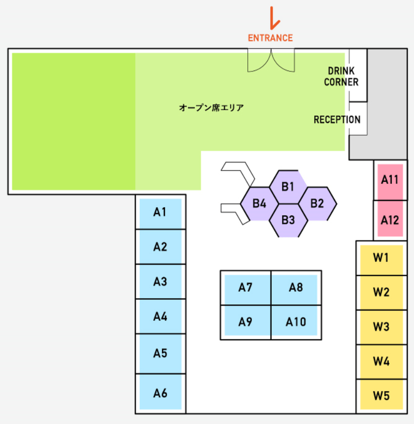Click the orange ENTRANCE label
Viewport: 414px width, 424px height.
[270, 38]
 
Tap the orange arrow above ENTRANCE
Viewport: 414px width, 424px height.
[274, 18]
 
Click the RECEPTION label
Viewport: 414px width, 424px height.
[337, 120]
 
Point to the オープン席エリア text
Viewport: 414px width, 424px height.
[211, 108]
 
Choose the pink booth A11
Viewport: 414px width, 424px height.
[390, 180]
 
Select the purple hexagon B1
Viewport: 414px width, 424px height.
[289, 186]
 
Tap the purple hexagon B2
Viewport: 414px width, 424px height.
[317, 204]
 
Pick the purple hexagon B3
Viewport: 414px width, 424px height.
[288, 220]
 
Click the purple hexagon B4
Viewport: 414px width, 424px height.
[259, 204]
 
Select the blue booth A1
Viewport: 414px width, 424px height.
[161, 212]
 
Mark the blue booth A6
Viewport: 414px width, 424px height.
[161, 393]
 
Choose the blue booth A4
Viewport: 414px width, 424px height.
[161, 317]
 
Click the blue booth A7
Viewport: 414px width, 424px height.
[246, 288]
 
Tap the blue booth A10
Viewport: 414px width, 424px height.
[296, 321]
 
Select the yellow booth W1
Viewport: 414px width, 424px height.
[381, 258]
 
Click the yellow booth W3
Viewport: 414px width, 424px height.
[381, 327]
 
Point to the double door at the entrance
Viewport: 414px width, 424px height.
[271, 60]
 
